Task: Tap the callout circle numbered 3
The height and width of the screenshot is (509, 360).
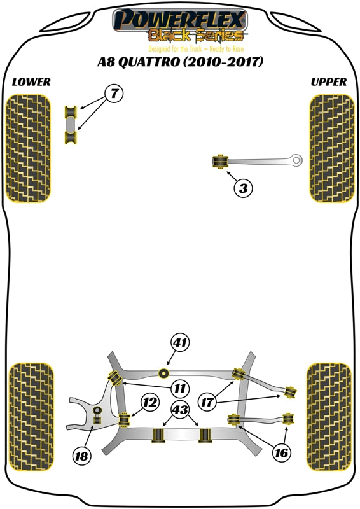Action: tap(243, 188)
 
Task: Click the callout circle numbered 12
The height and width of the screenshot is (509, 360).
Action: tap(149, 402)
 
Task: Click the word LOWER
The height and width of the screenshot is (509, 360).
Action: tap(31, 82)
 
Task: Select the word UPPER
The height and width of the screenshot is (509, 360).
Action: tap(329, 82)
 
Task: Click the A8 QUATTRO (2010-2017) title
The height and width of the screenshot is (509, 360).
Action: tap(180, 62)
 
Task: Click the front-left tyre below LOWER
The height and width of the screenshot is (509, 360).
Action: tap(28, 148)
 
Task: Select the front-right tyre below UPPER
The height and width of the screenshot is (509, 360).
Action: tap(331, 148)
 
